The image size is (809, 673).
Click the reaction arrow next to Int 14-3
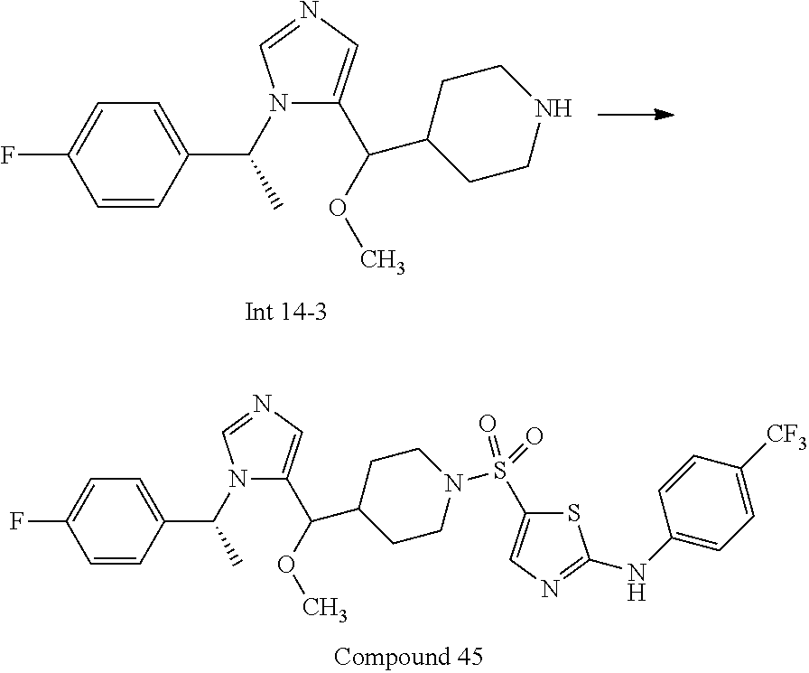coord(636,114)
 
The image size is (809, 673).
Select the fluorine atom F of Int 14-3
coord(6,155)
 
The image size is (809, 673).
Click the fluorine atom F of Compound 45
coord(16,521)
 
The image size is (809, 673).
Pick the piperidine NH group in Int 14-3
coord(552,109)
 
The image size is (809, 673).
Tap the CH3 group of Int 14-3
coord(383,262)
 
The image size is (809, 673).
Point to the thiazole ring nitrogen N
coord(550,590)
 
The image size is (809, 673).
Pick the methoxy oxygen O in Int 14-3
coord(337,208)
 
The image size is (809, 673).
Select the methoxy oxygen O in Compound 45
coord(285,565)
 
